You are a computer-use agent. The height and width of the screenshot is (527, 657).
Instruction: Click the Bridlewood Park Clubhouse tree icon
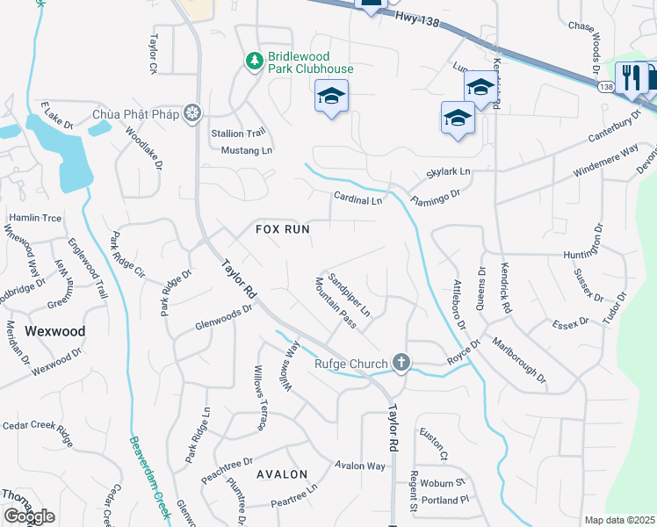point(254,61)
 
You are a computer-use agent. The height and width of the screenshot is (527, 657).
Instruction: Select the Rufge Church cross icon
point(401,363)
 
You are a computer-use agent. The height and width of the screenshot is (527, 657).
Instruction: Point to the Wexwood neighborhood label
point(54,331)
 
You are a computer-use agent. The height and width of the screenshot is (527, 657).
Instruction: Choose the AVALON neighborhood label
point(282,473)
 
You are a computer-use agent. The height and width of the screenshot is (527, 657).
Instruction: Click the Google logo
point(29,516)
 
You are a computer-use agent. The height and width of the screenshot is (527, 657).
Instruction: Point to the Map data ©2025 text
point(618,520)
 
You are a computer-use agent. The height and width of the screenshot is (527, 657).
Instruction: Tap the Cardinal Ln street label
point(357,199)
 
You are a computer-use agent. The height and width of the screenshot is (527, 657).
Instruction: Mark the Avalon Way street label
point(359,466)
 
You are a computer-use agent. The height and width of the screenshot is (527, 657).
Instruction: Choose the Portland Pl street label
point(445,500)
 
